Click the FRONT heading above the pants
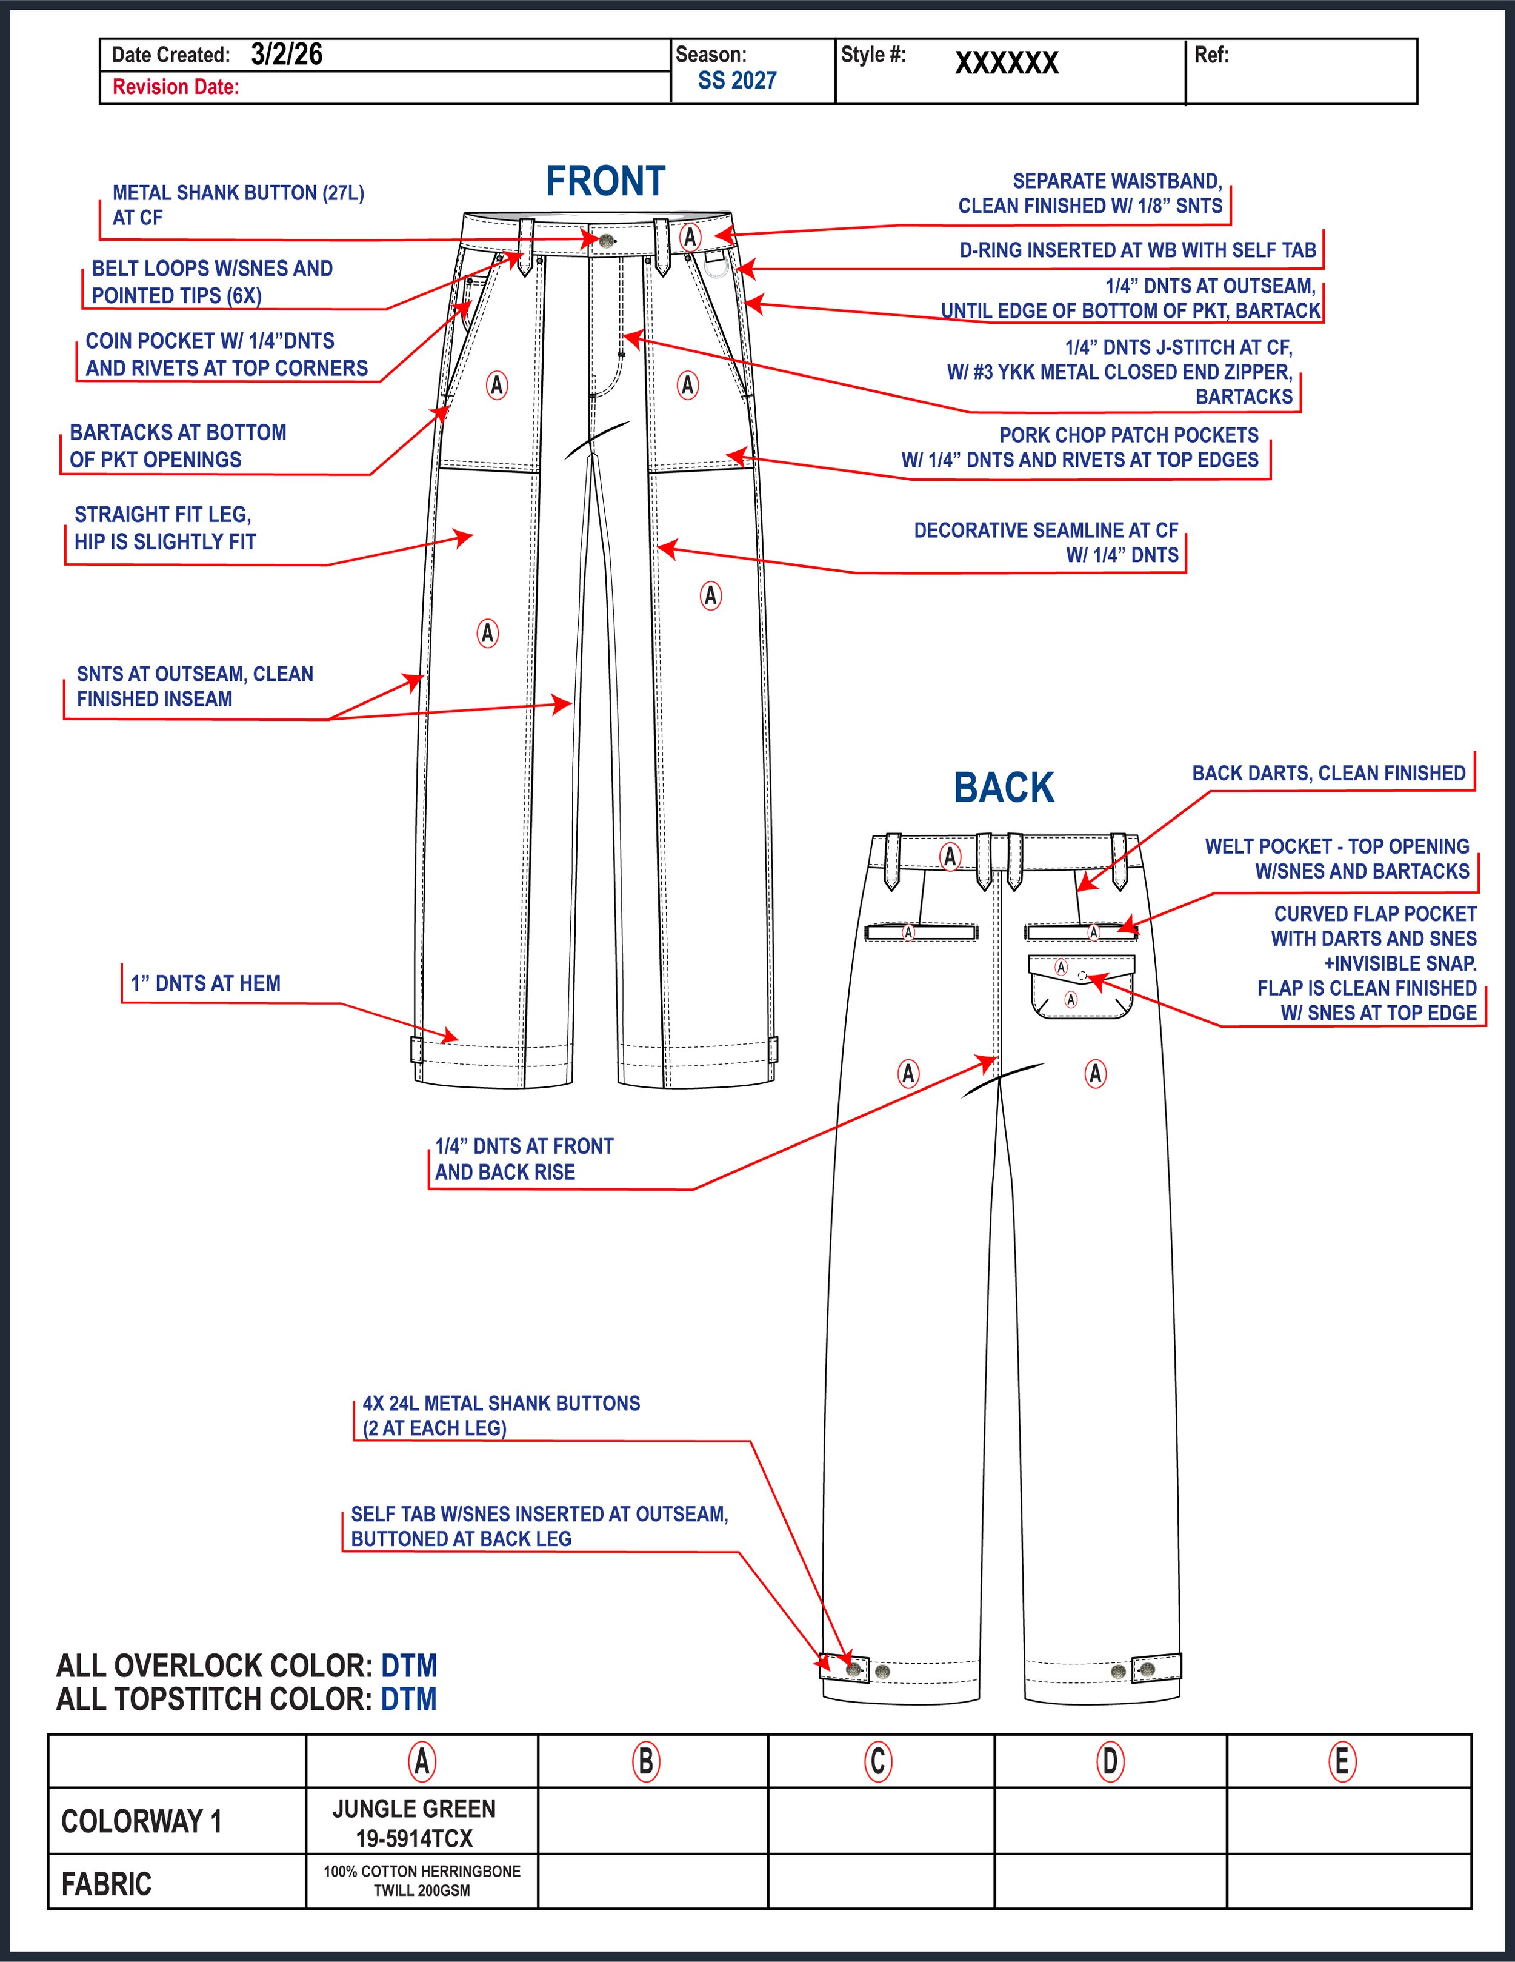[x=605, y=181]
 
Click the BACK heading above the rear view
[x=1003, y=788]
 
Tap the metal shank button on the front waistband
[x=608, y=240]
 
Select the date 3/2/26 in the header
[x=287, y=55]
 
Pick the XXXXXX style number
[x=1007, y=63]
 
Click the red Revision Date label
[x=176, y=87]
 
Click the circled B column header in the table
[x=645, y=1762]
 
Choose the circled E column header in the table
[x=1342, y=1762]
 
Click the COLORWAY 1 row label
[x=141, y=1822]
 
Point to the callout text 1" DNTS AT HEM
[x=205, y=983]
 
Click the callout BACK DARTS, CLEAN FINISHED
[x=1328, y=774]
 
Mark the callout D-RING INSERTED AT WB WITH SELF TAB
[x=1137, y=250]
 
